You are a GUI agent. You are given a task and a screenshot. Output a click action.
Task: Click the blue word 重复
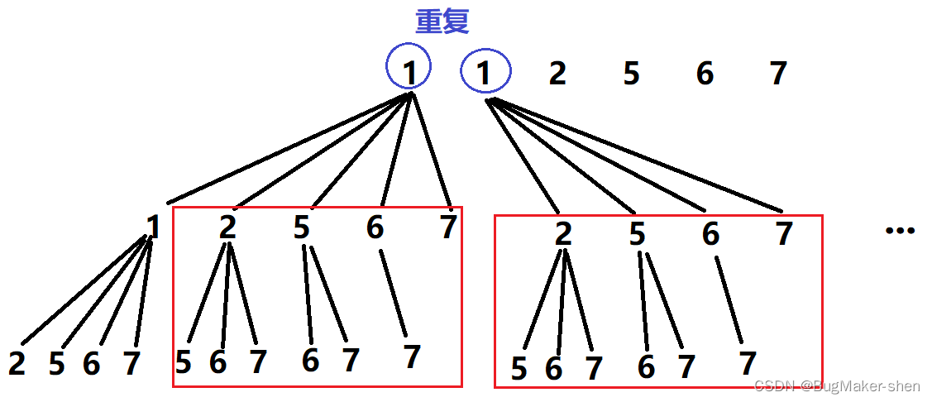pyautogui.click(x=442, y=22)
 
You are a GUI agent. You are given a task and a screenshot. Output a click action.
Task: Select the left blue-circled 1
pyautogui.click(x=409, y=74)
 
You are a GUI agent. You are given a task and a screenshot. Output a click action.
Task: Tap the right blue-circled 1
pyautogui.click(x=485, y=74)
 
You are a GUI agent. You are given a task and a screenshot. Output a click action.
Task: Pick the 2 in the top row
pyautogui.click(x=557, y=74)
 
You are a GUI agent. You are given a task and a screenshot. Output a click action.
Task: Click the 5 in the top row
pyautogui.click(x=631, y=74)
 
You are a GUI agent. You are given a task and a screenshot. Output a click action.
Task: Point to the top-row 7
pyautogui.click(x=777, y=74)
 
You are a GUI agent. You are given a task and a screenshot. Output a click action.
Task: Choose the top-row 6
pyautogui.click(x=705, y=74)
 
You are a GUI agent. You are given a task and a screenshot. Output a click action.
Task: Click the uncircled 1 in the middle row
pyautogui.click(x=153, y=226)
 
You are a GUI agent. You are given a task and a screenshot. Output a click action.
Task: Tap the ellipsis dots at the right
pyautogui.click(x=900, y=231)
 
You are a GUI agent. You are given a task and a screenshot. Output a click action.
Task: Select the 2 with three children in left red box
pyautogui.click(x=227, y=227)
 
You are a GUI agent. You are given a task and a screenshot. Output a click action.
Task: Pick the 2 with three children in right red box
pyautogui.click(x=563, y=234)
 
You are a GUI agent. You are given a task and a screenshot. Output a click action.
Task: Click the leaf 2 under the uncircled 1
pyautogui.click(x=17, y=363)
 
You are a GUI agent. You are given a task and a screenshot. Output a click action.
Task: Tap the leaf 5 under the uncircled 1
pyautogui.click(x=56, y=363)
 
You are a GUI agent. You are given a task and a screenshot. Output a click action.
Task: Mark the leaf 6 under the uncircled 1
pyautogui.click(x=92, y=363)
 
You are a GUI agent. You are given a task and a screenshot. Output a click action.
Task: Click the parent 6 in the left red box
pyautogui.click(x=375, y=227)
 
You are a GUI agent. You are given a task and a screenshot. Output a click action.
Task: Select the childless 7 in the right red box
pyautogui.click(x=784, y=234)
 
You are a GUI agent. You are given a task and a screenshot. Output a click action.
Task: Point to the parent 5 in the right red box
pyautogui.click(x=637, y=234)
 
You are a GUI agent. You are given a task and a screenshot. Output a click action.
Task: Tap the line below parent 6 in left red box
pyautogui.click(x=394, y=293)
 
